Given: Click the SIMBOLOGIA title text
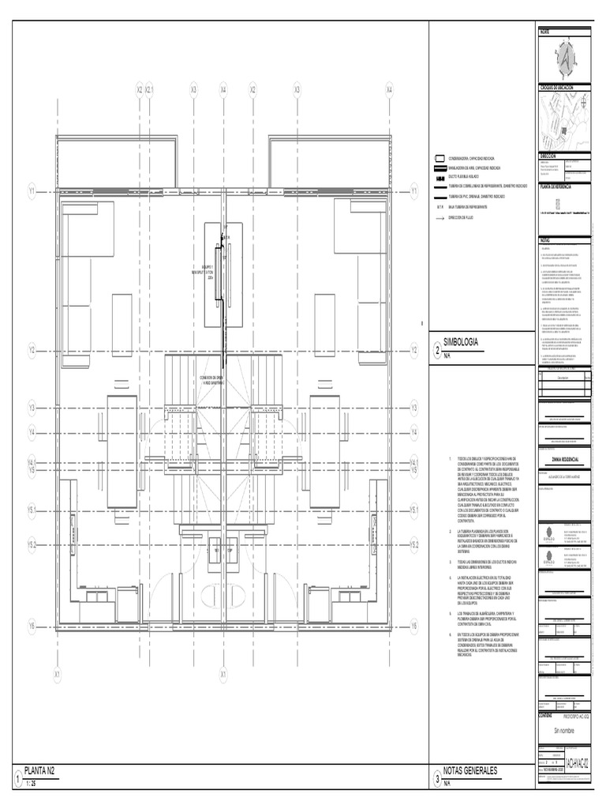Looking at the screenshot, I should (x=462, y=341).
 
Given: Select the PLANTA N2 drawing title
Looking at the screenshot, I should (x=39, y=769).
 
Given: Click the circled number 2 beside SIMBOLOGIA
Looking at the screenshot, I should (x=436, y=349).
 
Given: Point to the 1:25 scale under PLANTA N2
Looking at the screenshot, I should (x=32, y=783).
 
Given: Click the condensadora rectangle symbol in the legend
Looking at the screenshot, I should (x=434, y=159).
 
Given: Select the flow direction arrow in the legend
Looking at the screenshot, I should (x=434, y=217).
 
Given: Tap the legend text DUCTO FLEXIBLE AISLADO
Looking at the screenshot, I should (x=466, y=177).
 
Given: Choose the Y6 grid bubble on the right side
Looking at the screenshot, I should (x=413, y=626).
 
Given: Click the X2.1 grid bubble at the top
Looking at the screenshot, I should (x=149, y=90).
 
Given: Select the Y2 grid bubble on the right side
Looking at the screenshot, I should (x=413, y=348).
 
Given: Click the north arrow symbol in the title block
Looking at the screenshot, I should (x=564, y=59).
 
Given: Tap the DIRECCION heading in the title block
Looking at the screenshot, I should (x=548, y=156).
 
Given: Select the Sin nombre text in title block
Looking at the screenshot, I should (x=565, y=730).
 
